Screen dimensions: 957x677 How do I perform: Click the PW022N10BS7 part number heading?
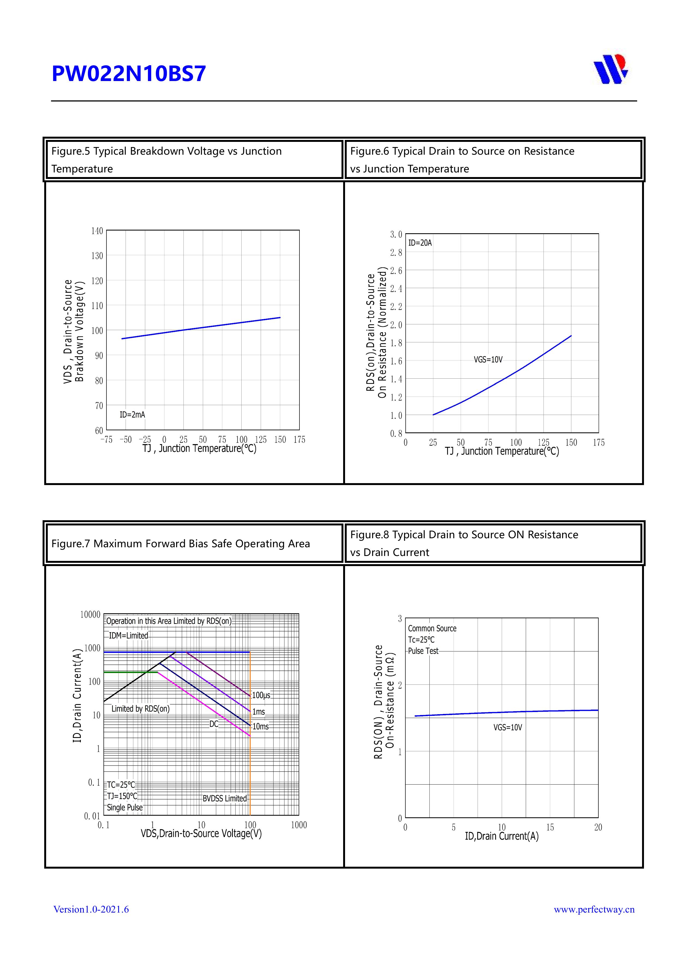click(129, 74)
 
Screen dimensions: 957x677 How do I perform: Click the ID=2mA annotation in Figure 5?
click(132, 415)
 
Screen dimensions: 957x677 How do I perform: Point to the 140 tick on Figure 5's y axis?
click(97, 231)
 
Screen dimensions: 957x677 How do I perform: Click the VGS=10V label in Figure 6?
click(488, 360)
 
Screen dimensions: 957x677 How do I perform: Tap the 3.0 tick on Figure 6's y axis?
click(396, 235)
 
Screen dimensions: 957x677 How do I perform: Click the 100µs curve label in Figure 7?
click(261, 695)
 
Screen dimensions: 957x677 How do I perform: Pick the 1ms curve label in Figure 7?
click(259, 712)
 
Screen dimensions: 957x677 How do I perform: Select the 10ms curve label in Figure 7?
click(261, 726)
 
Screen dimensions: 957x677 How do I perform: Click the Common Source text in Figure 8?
click(432, 629)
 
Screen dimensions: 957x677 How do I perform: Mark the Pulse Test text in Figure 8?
click(423, 651)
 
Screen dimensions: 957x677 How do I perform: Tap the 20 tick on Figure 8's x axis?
click(598, 827)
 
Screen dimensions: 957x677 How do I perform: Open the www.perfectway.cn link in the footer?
click(594, 909)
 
